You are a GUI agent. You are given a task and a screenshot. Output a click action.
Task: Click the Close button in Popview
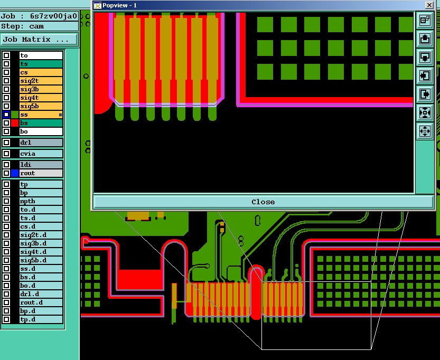coord(263,202)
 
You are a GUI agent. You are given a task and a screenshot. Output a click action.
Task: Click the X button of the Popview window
coord(428,5)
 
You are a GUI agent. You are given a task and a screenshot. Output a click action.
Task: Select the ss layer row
coord(41,115)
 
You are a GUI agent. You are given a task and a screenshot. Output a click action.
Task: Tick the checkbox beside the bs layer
coord(6,123)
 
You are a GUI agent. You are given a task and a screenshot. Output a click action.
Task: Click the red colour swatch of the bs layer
coord(15,123)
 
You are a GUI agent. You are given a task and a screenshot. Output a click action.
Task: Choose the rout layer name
coord(41,173)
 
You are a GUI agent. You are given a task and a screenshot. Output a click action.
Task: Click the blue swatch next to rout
coord(15,173)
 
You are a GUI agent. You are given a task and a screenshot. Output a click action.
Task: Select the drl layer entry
coord(41,143)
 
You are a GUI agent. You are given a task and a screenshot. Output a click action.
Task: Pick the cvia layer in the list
coord(41,154)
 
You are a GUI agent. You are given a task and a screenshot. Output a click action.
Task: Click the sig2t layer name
coord(41,81)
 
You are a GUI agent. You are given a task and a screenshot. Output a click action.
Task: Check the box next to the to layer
coord(6,55)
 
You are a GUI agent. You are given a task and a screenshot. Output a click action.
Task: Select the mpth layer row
coord(41,201)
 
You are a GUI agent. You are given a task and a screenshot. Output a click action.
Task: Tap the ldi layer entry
coord(41,165)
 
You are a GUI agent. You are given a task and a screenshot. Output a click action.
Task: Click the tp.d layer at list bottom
coord(41,319)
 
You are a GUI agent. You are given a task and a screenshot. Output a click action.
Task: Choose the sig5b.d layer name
coord(41,260)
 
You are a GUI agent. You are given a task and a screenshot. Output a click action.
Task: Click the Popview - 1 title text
coord(119,5)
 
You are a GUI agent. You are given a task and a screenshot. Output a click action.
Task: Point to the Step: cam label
coord(23,26)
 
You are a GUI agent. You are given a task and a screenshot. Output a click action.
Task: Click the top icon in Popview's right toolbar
coord(425,20)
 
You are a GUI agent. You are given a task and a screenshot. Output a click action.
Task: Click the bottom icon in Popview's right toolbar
coord(425,131)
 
